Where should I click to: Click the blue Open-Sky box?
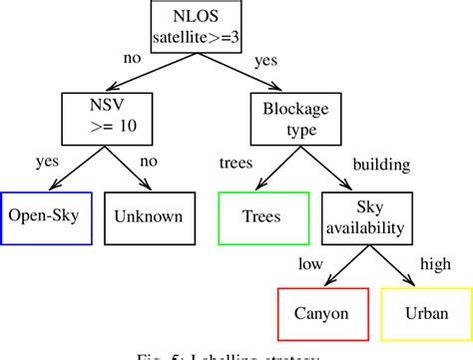click(x=45, y=215)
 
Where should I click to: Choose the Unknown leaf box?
click(x=148, y=215)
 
